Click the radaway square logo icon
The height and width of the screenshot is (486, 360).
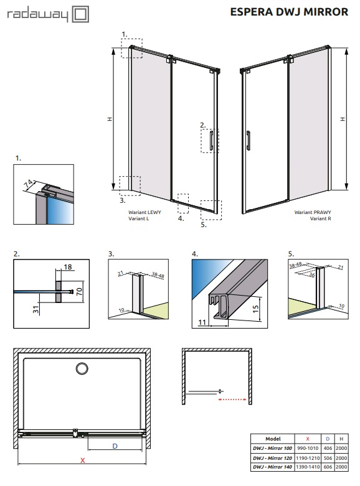pyautogui.click(x=80, y=14)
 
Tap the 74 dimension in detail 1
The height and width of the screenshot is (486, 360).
pyautogui.click(x=29, y=184)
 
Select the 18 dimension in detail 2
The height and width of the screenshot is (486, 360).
pyautogui.click(x=68, y=267)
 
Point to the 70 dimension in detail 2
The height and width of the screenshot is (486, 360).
pyautogui.click(x=80, y=291)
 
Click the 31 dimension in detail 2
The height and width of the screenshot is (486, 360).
pyautogui.click(x=36, y=309)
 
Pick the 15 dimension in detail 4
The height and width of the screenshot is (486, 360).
pyautogui.click(x=255, y=309)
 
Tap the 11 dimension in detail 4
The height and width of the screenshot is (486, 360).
pyautogui.click(x=202, y=322)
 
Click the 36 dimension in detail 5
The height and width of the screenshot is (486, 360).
pyautogui.click(x=312, y=275)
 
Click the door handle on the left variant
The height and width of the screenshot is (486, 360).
pyautogui.click(x=211, y=141)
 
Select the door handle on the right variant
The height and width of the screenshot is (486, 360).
pyautogui.click(x=249, y=141)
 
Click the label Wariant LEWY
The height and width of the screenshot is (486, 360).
pyautogui.click(x=144, y=212)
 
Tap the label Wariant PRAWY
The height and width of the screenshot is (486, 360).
pyautogui.click(x=313, y=212)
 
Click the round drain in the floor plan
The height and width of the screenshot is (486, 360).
pyautogui.click(x=82, y=368)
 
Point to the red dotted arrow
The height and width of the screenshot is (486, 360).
pyautogui.click(x=232, y=400)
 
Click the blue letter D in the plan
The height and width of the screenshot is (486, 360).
pyautogui.click(x=115, y=446)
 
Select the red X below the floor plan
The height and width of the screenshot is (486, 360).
pyautogui.click(x=83, y=460)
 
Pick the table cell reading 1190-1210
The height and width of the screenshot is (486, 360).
pyautogui.click(x=308, y=458)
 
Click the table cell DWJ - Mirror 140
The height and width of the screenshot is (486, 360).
pyautogui.click(x=272, y=467)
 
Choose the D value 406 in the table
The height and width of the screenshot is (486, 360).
pyautogui.click(x=328, y=448)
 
